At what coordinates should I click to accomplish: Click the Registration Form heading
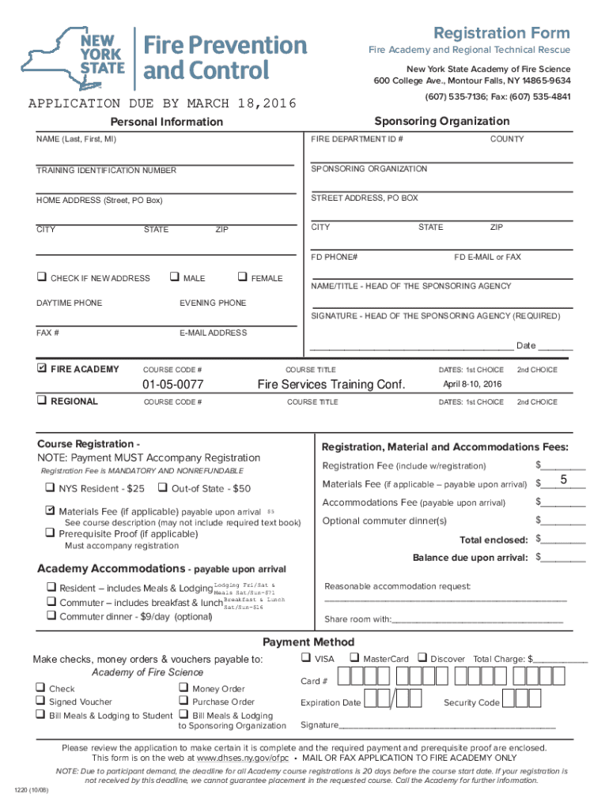pyautogui.click(x=501, y=32)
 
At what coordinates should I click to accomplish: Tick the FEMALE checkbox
pyautogui.click(x=241, y=277)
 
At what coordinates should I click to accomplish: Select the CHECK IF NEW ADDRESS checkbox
pyautogui.click(x=40, y=278)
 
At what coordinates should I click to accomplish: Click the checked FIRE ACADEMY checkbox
pyautogui.click(x=41, y=369)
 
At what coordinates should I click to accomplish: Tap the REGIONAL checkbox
pyautogui.click(x=40, y=401)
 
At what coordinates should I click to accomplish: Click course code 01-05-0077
pyautogui.click(x=172, y=385)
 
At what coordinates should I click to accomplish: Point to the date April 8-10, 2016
pyautogui.click(x=472, y=384)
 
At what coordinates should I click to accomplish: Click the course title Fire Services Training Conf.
pyautogui.click(x=331, y=385)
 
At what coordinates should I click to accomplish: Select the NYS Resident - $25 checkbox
pyautogui.click(x=49, y=488)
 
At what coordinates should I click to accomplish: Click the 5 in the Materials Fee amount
pyautogui.click(x=563, y=481)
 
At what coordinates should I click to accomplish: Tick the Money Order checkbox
pyautogui.click(x=183, y=688)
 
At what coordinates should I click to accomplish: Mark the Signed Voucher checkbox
pyautogui.click(x=40, y=702)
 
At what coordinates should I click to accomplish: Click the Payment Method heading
pyautogui.click(x=308, y=642)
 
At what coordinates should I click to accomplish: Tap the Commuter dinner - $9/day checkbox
pyautogui.click(x=50, y=616)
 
